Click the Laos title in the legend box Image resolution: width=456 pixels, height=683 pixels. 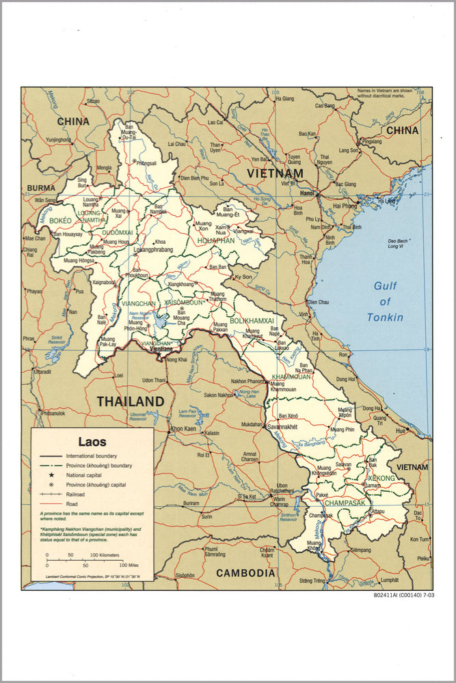[x=92, y=442]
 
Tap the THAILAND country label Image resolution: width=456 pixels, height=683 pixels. [x=130, y=402]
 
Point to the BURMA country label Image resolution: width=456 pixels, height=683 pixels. [x=41, y=188]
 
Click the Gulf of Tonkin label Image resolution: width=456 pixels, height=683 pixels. [x=385, y=301]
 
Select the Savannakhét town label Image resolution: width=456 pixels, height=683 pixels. [x=284, y=426]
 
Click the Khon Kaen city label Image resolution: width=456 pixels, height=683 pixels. [x=183, y=429]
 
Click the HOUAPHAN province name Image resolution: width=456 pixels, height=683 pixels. [x=215, y=240]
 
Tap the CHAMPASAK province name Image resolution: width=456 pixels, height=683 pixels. [x=345, y=503]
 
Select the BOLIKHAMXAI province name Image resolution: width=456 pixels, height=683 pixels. [x=252, y=320]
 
